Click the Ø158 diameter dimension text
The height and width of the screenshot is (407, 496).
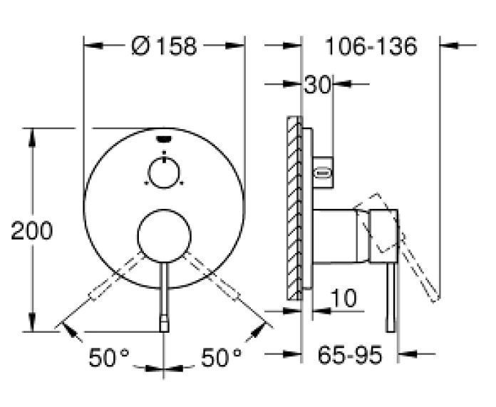point(165,46)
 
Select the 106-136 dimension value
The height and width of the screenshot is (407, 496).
point(370,46)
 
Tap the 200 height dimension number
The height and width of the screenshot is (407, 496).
point(31,230)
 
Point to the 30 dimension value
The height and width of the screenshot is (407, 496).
point(317,85)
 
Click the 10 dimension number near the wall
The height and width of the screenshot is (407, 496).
point(343,299)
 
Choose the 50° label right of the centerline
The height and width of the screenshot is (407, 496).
point(221,357)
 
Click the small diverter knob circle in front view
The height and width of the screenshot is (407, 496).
point(165,171)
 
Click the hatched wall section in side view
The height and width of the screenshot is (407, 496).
point(293,207)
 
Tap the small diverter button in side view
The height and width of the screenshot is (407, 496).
point(323,171)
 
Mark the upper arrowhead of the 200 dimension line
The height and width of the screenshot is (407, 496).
point(31,135)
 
